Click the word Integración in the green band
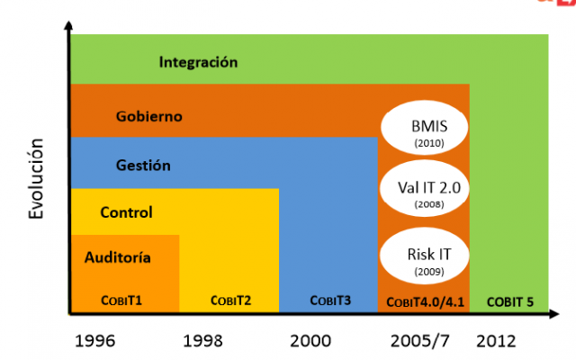pyautogui.click(x=198, y=62)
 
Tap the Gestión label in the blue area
pyautogui.click(x=143, y=165)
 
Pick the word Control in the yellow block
pyautogui.click(x=126, y=212)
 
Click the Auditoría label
pyautogui.click(x=117, y=257)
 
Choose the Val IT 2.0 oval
pyautogui.click(x=423, y=193)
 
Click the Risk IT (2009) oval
pyautogui.click(x=423, y=258)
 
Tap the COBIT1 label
pyautogui.click(x=123, y=301)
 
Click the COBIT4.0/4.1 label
pyautogui.click(x=423, y=301)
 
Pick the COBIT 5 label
pyautogui.click(x=508, y=301)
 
